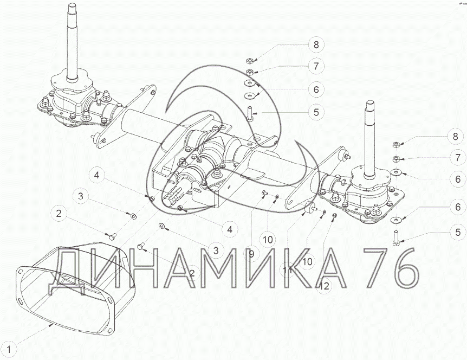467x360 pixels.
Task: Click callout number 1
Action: pos(9,349)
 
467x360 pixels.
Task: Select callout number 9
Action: pos(252,254)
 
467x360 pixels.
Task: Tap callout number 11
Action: pos(288,271)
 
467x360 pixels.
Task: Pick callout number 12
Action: pos(325,286)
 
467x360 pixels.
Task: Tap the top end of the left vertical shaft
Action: pos(72,5)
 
